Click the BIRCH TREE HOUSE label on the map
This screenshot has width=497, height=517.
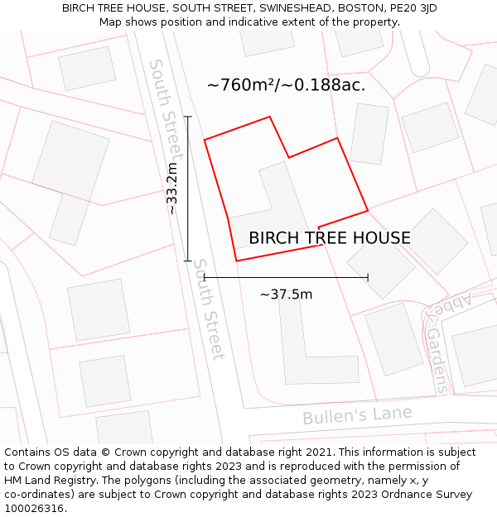coord(330,238)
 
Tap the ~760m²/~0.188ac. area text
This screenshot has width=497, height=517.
coord(286,84)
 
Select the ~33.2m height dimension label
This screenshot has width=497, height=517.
coord(171,189)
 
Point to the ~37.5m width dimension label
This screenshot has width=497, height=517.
coord(286,294)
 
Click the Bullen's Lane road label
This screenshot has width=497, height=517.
coord(356,414)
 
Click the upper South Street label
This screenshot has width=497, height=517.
coord(165,108)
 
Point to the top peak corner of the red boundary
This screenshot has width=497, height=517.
coord(270,117)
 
